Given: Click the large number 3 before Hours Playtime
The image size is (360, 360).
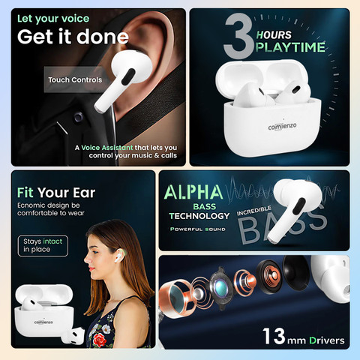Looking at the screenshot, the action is pos(238,36).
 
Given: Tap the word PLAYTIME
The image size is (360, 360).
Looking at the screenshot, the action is pos(290,47).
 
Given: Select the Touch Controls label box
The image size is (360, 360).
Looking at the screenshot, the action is pos(75,79).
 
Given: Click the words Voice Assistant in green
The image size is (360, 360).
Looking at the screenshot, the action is pos(107,148).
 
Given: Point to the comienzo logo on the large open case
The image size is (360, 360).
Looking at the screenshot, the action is pos(282,126).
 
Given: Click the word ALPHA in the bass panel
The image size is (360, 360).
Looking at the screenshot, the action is pos(193,192).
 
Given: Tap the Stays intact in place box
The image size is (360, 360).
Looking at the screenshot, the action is pos(43,246).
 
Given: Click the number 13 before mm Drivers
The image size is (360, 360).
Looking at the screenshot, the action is pos(274,336).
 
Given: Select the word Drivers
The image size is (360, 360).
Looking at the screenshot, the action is pos(327,340).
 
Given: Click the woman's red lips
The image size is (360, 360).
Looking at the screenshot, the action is pos(91,269).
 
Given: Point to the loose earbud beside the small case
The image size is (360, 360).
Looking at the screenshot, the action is pos(73,336).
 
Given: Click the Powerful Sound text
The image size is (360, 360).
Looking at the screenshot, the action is pos(198,229).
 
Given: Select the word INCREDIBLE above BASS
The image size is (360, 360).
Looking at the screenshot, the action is pos(254,211).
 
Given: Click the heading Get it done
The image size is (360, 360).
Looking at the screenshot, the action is pos(73,37).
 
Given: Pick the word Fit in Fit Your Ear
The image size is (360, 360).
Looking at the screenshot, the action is pos(25,193).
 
